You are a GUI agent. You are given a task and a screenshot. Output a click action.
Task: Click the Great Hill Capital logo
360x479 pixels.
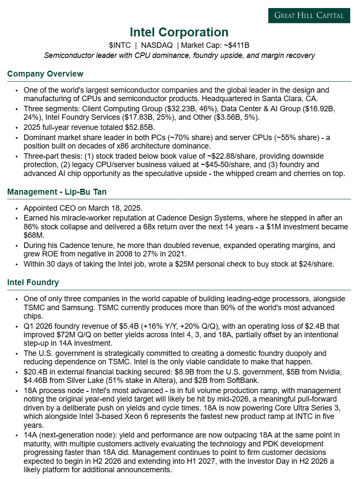[x=309, y=16]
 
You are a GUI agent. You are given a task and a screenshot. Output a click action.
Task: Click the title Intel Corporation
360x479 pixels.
[x=179, y=32]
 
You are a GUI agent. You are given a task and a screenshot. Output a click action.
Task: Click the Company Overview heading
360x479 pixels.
[x=45, y=74]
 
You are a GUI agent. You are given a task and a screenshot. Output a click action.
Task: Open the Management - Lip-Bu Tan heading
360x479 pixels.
[x=57, y=192]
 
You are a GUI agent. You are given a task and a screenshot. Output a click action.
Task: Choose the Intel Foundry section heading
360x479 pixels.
[x=33, y=282]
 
